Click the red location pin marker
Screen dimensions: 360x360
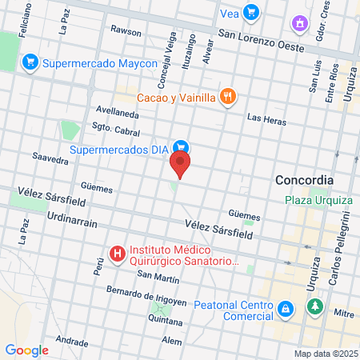pyautogui.click(x=181, y=166)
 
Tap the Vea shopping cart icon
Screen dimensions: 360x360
pyautogui.click(x=251, y=12)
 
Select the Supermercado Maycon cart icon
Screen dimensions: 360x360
pyautogui.click(x=30, y=61)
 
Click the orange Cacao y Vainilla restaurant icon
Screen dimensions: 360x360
pyautogui.click(x=228, y=98)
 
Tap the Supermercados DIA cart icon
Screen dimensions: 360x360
pyautogui.click(x=182, y=148)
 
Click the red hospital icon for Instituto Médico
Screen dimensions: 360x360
pyautogui.click(x=118, y=254)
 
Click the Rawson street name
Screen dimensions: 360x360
pyautogui.click(x=126, y=32)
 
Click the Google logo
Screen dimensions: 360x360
pyautogui.click(x=26, y=350)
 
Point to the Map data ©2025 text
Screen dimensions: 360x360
pyautogui.click(x=324, y=354)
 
